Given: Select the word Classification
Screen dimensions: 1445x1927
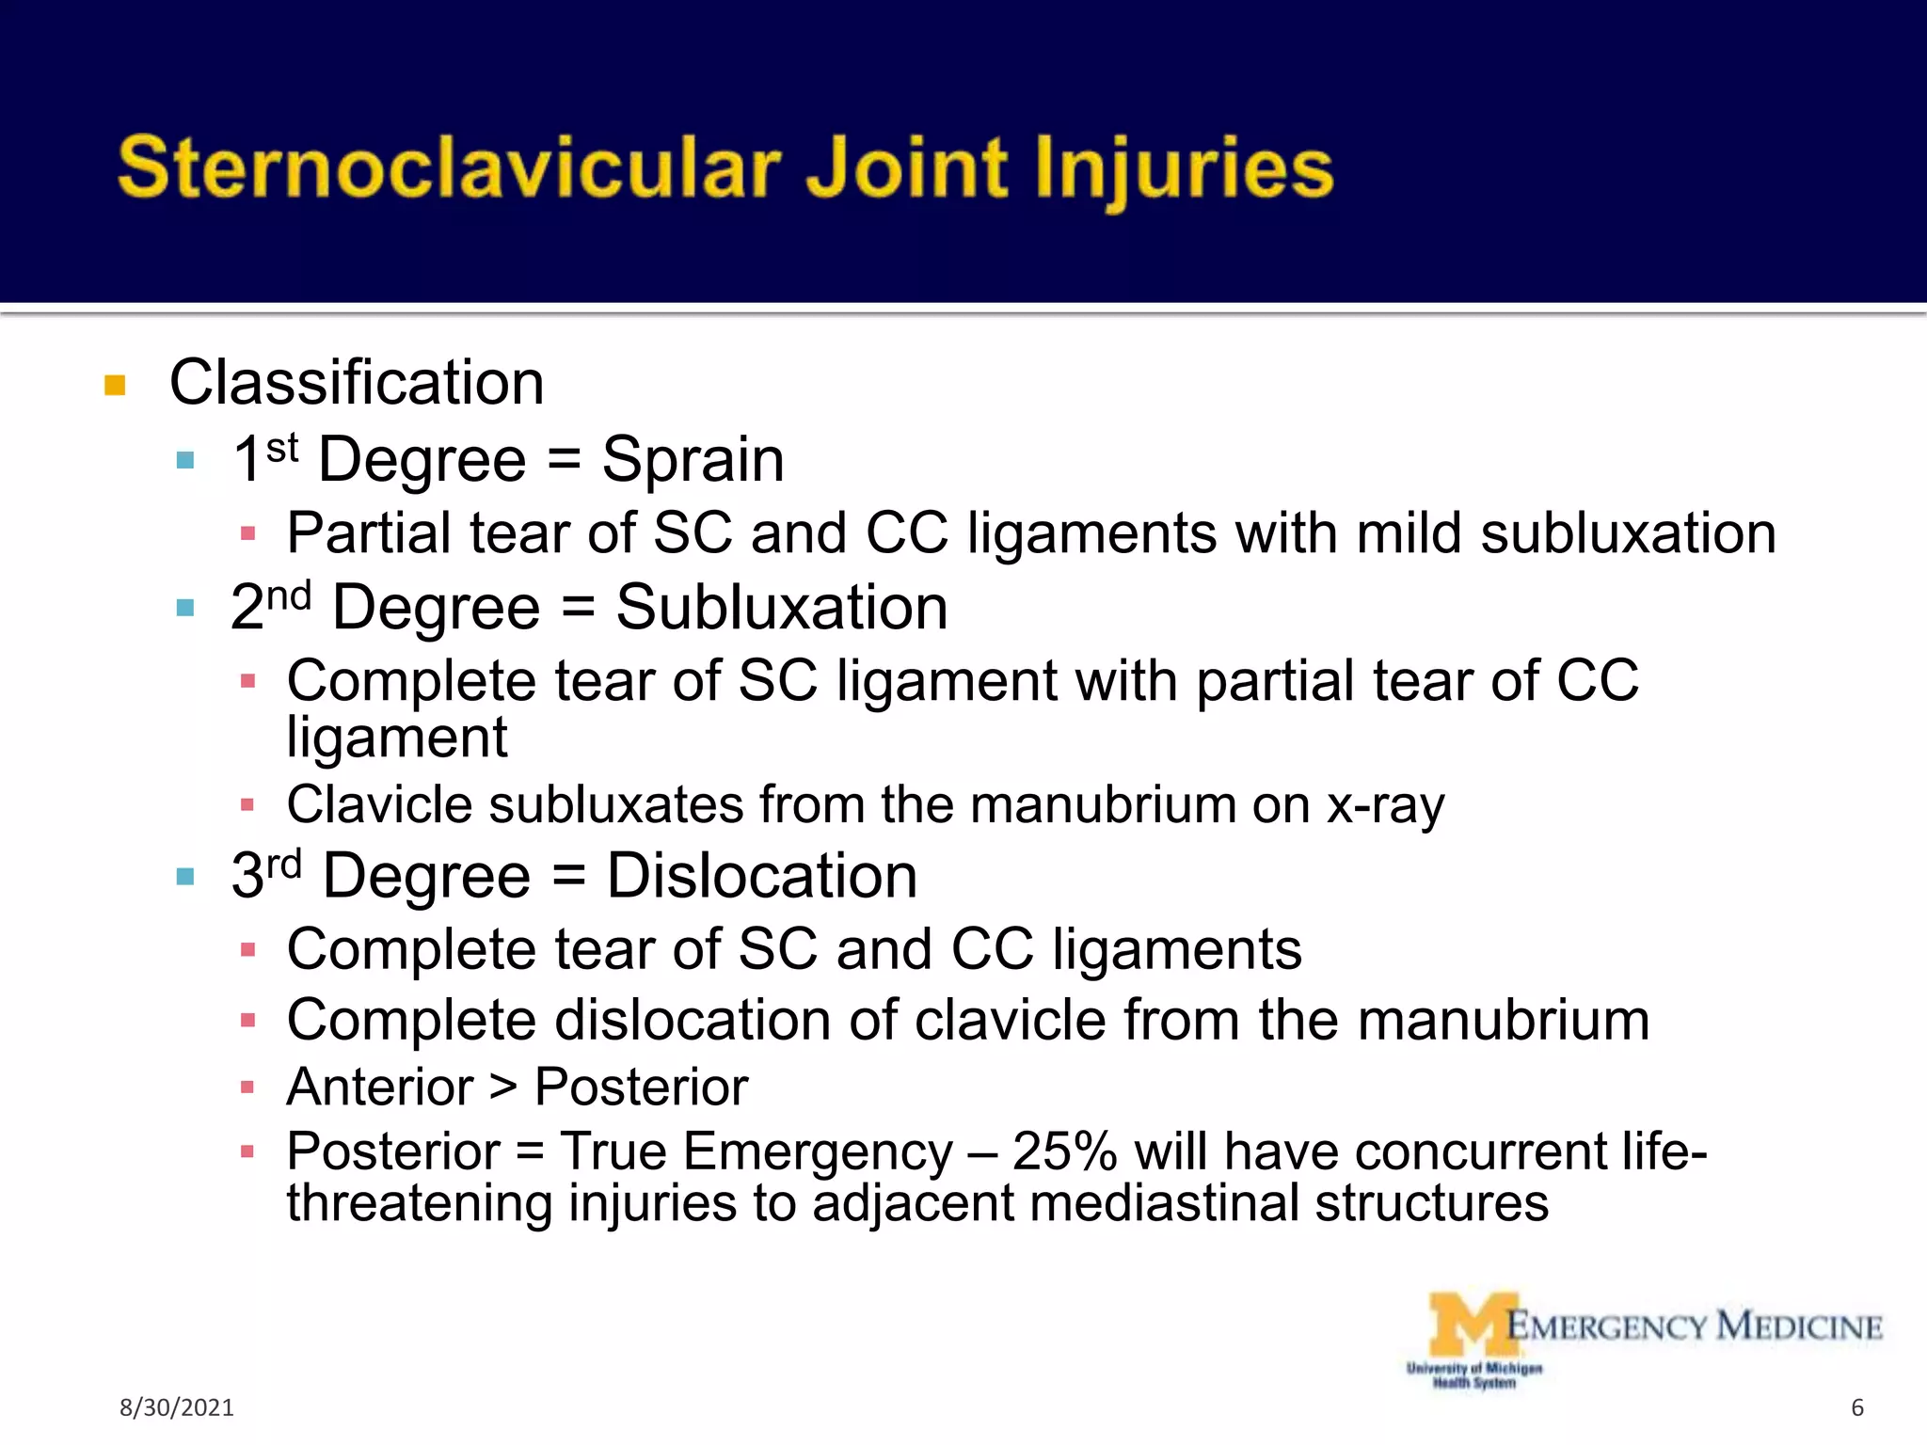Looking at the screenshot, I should (357, 383).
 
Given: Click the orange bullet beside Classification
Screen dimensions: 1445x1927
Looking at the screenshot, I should (115, 386).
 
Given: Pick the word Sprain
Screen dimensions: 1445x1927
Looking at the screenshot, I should (693, 460).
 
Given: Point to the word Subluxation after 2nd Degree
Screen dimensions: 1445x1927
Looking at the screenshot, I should (781, 607).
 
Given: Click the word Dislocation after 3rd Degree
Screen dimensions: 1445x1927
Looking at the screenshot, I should (761, 876).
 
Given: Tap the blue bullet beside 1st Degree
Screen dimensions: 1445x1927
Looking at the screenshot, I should (185, 461).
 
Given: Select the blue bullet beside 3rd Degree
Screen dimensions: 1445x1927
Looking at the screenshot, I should (185, 878).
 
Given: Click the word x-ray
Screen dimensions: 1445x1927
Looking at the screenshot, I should (1385, 805).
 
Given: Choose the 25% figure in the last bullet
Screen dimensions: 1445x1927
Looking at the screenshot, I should (1064, 1151).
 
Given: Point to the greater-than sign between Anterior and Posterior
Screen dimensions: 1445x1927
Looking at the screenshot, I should (503, 1088).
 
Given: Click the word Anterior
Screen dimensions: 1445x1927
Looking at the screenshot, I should (380, 1088).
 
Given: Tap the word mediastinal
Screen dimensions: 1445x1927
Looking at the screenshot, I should (1164, 1203).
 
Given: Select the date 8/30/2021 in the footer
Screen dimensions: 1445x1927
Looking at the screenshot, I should (176, 1407).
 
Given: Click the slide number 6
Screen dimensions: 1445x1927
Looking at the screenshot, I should (1856, 1407).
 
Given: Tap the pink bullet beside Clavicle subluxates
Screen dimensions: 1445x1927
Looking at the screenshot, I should (247, 805).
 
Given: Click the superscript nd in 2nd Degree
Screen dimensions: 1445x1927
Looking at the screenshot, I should (288, 595).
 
